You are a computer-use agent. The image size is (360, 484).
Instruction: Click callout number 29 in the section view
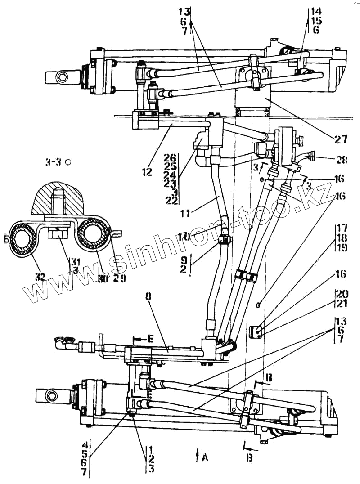click(119, 278)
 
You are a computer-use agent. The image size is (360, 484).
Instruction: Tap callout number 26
click(171, 158)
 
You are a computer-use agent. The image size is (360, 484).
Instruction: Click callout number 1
click(151, 449)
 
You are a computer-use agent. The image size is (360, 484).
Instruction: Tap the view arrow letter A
click(205, 457)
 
